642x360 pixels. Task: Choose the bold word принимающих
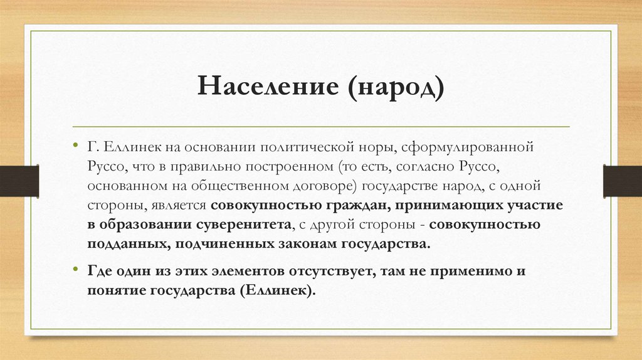click(441, 206)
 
